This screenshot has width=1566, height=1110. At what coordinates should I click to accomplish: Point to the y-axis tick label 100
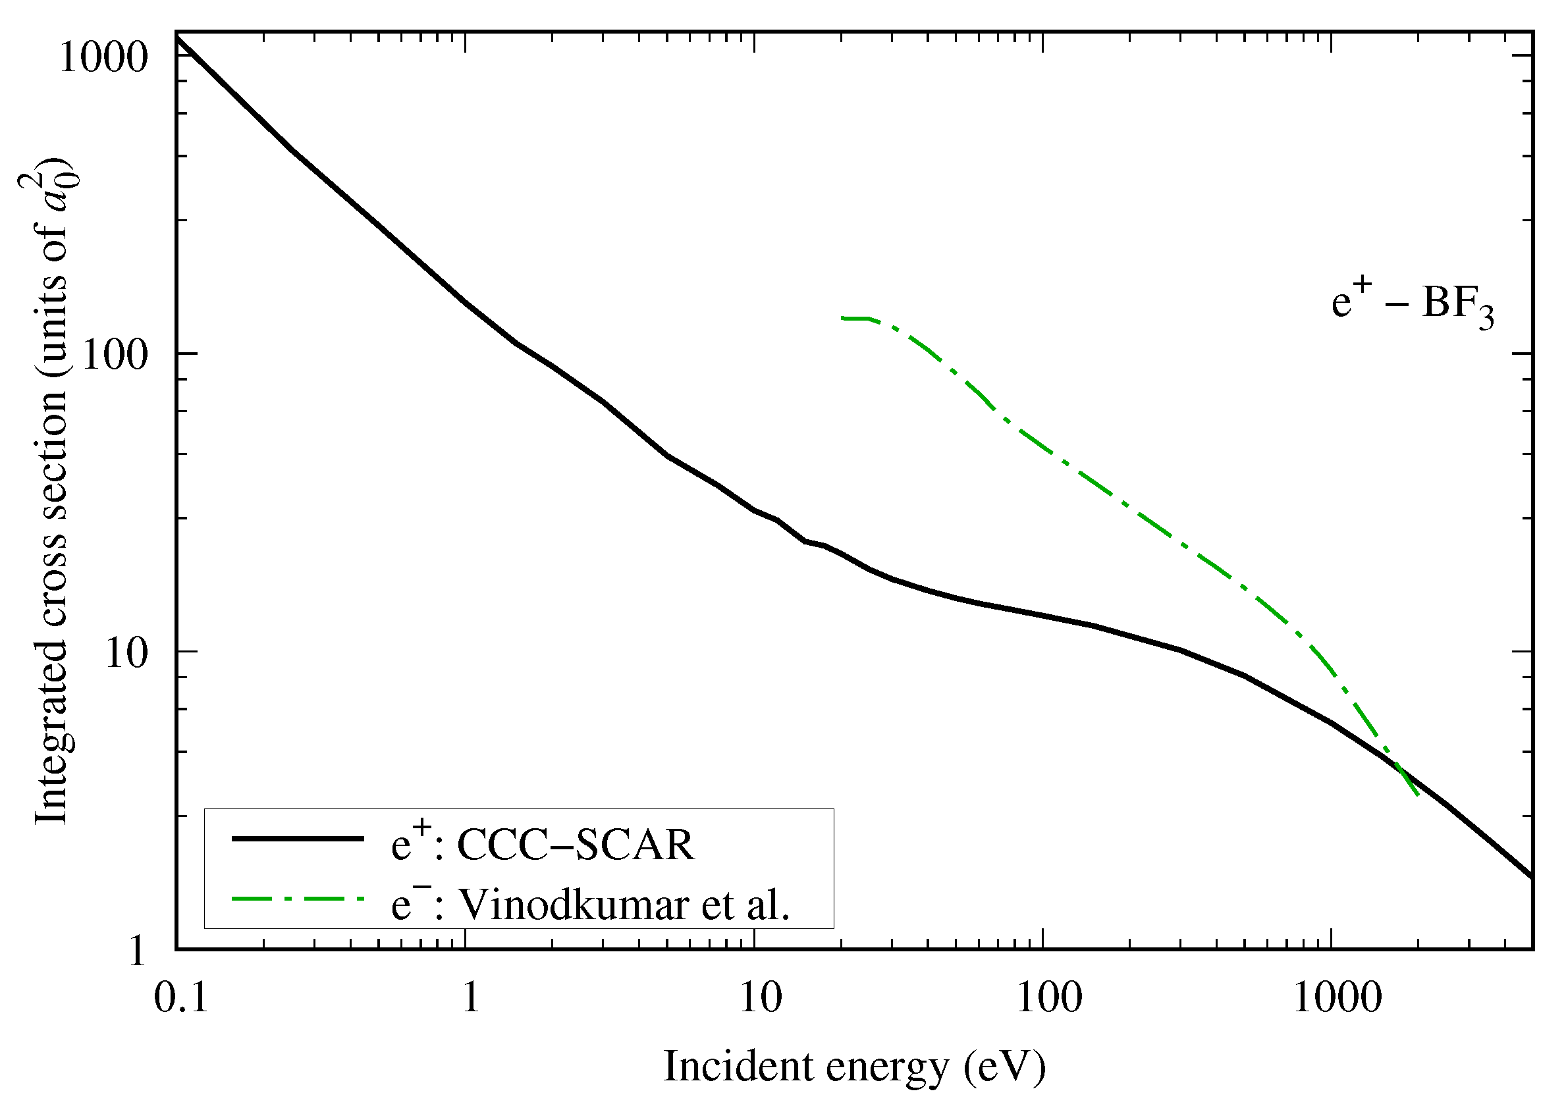coord(115,356)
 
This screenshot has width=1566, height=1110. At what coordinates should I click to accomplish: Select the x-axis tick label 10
coord(760,998)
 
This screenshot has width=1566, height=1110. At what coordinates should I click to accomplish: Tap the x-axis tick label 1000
coord(1337,998)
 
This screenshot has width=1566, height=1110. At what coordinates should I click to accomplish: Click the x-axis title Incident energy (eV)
coord(854,1067)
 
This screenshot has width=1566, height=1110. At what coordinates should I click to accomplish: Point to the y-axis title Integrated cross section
coord(51,492)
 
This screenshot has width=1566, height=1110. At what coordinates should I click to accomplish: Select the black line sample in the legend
coord(298,839)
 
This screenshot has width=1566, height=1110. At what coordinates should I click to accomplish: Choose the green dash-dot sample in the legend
coord(298,898)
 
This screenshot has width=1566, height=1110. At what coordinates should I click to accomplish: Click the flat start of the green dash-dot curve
coord(854,318)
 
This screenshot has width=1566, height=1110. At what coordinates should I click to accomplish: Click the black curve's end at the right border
coord(1531,876)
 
